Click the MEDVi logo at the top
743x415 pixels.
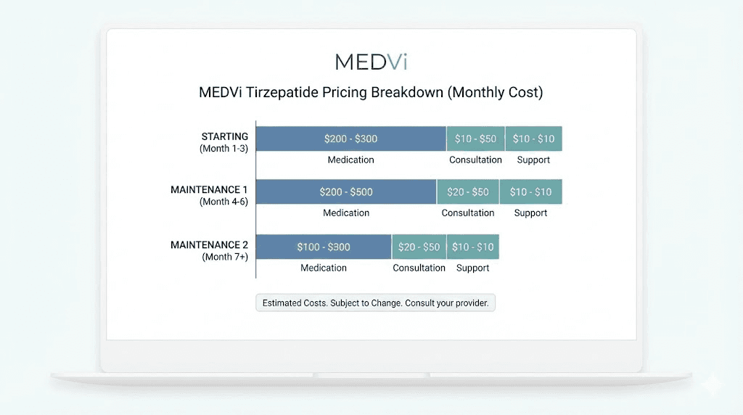point(371,62)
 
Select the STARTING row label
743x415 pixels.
point(224,136)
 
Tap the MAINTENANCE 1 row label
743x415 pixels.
point(209,190)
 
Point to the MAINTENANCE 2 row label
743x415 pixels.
point(209,245)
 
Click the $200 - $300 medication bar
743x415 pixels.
point(351,139)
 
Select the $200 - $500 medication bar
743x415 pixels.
point(346,192)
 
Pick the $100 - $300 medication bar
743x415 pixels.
point(324,247)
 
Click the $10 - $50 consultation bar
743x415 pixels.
point(475,139)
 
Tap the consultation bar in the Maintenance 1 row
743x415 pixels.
point(468,192)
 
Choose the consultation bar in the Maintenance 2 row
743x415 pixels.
point(419,247)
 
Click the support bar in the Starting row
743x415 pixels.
point(533,139)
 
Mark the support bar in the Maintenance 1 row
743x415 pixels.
point(530,192)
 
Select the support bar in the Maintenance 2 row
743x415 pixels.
point(472,247)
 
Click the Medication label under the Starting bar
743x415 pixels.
point(350,160)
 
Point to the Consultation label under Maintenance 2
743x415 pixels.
point(419,268)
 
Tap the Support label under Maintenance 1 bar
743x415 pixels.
point(530,213)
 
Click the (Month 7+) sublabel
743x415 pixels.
point(225,257)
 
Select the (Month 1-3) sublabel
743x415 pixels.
point(223,148)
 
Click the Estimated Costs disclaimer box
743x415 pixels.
point(375,303)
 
